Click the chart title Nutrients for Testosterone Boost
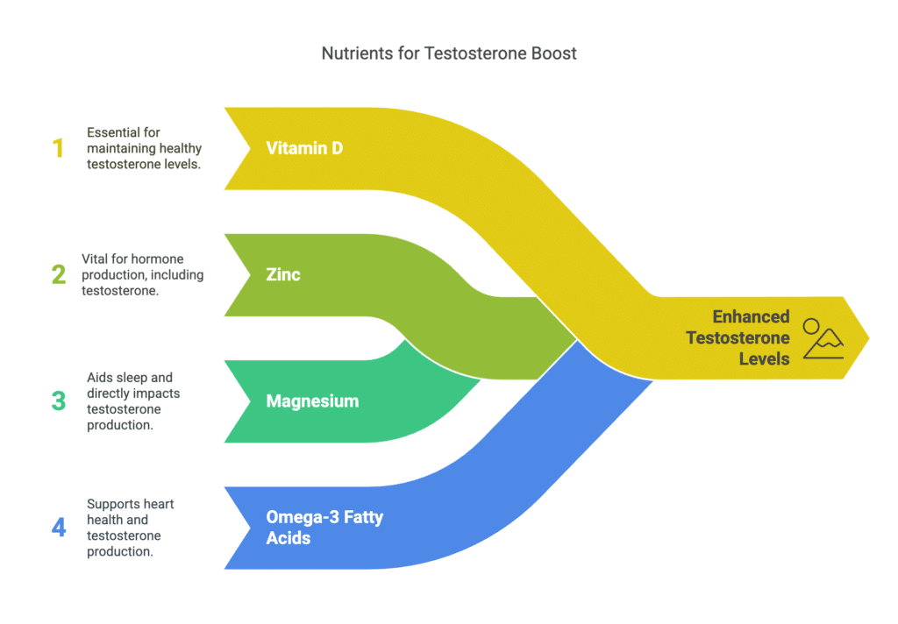click(449, 53)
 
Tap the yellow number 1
click(59, 148)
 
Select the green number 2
click(59, 274)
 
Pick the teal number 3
click(59, 401)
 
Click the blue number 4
click(59, 528)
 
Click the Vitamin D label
click(304, 148)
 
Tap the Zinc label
click(283, 274)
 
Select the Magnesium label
click(312, 401)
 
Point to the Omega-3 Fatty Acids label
click(324, 528)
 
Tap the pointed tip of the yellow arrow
click(867, 337)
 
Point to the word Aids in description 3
click(98, 377)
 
